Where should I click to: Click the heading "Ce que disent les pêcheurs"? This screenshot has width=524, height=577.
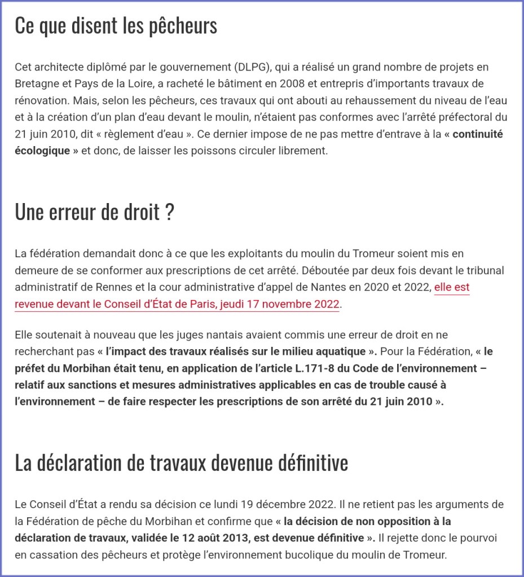(116, 26)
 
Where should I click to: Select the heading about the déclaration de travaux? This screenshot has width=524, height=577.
(181, 463)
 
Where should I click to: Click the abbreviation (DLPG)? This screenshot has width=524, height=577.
(253, 68)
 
